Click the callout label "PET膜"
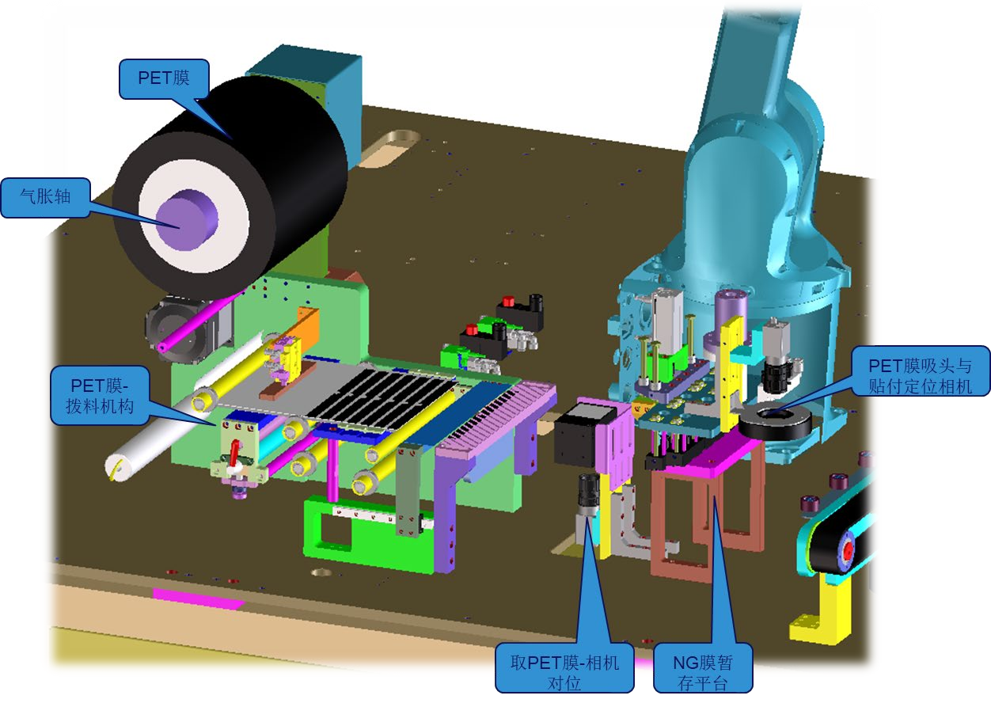(164, 78)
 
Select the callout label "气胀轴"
(46, 197)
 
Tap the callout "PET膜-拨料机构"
(100, 396)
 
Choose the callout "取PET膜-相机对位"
(564, 672)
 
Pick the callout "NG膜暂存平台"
(703, 672)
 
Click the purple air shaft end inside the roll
(187, 220)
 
